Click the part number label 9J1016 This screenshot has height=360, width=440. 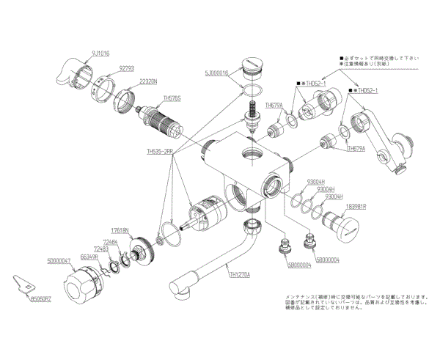pos(100,54)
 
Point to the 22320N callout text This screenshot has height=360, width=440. pos(149,82)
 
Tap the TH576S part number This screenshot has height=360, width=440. pos(172,97)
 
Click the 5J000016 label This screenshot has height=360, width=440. pos(218,73)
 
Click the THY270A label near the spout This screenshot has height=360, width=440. pos(239,275)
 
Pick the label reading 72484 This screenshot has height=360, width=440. pos(111,241)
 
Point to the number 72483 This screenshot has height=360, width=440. pos(100,249)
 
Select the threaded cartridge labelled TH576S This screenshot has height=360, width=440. pos(158,120)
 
